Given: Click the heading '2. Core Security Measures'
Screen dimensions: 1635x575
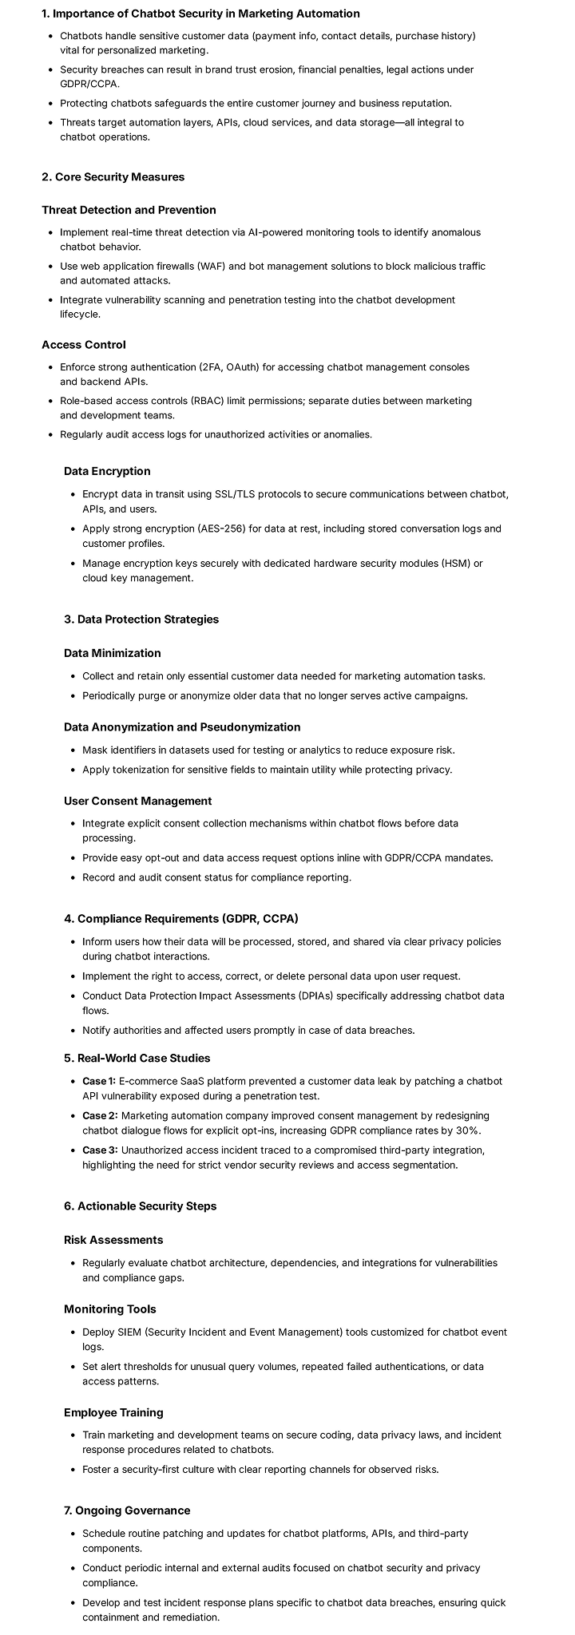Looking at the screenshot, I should coord(113,176).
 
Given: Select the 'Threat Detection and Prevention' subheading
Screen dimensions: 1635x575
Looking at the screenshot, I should coord(129,210).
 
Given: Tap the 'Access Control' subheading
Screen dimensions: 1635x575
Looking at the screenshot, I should coord(84,345).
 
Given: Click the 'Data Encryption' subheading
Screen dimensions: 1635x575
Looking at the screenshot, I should coord(107,471).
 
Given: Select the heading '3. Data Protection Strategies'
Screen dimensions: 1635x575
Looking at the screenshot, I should coord(141,619).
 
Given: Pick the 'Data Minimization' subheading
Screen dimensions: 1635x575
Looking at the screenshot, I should coord(112,653).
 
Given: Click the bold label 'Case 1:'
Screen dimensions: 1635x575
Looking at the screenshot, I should coord(99,1081).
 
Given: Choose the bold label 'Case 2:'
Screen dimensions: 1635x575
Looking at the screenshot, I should coord(100,1115).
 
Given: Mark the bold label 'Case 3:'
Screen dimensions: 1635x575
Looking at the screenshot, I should coord(100,1150).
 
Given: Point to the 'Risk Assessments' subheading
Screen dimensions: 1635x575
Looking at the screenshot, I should coord(113,1240).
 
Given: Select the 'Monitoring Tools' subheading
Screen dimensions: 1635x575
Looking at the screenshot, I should coord(110,1308).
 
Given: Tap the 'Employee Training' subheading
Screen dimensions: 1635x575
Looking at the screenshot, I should coord(113,1412).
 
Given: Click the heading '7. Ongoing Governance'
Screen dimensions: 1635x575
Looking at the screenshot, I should coord(127,1510).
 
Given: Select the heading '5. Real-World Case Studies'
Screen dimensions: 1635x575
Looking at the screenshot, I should coord(137,1058).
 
